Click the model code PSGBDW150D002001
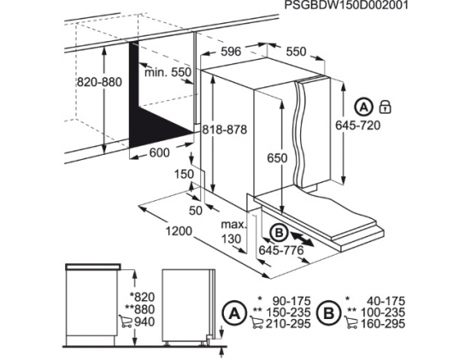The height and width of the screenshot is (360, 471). point(346,5)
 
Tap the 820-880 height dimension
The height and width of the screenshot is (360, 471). point(99,82)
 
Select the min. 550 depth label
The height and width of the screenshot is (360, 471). point(168,73)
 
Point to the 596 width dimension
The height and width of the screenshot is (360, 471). point(231,51)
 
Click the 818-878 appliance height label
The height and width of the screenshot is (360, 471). point(224,129)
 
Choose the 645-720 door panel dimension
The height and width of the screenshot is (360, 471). point(358,125)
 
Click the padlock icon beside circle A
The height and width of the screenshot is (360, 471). point(385,107)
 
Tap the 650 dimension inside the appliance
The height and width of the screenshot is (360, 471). point(277,158)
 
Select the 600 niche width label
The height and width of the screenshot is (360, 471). point(159,153)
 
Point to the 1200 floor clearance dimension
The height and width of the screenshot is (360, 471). point(179,231)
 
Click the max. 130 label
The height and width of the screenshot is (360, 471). point(233,232)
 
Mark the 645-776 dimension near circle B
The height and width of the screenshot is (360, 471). point(281,250)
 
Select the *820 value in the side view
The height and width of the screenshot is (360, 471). point(142,298)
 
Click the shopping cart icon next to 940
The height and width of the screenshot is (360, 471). point(126,322)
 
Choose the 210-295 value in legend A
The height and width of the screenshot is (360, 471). point(288,323)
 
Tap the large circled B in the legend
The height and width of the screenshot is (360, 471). point(329,314)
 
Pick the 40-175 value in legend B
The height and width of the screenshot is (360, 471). point(386,301)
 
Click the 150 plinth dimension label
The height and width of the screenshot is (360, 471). point(184,174)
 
